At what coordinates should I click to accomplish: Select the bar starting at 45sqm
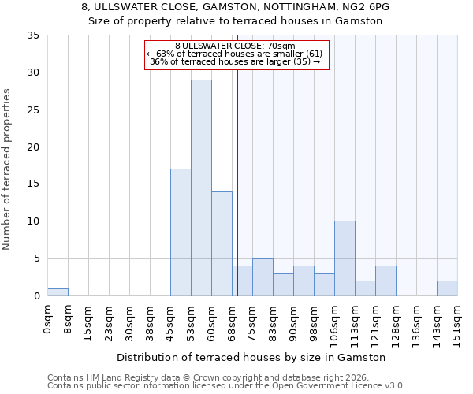pyautogui.click(x=181, y=232)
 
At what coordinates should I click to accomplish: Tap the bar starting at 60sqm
pyautogui.click(x=222, y=243)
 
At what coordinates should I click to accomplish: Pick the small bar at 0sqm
pyautogui.click(x=58, y=292)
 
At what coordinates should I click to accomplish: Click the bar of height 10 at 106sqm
pyautogui.click(x=345, y=258)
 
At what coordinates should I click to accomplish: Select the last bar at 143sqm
pyautogui.click(x=447, y=288)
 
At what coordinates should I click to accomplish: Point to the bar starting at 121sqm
pyautogui.click(x=385, y=281)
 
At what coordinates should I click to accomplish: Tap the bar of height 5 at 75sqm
pyautogui.click(x=263, y=277)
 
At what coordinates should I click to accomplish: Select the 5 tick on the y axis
pyautogui.click(x=36, y=259)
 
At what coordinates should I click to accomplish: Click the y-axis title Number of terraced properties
pyautogui.click(x=7, y=169)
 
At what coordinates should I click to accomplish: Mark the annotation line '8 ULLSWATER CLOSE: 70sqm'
pyautogui.click(x=235, y=46)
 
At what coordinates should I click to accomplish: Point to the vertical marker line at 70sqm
pyautogui.click(x=237, y=197)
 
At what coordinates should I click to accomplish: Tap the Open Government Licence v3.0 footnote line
pyautogui.click(x=225, y=385)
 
